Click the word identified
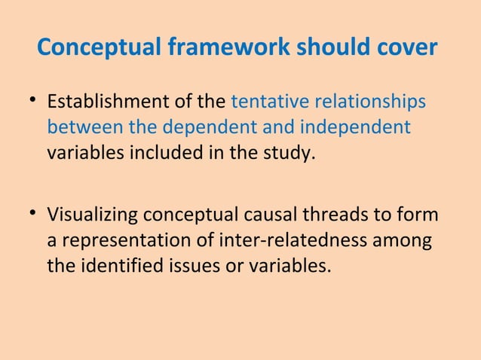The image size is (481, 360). click(117, 267)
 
